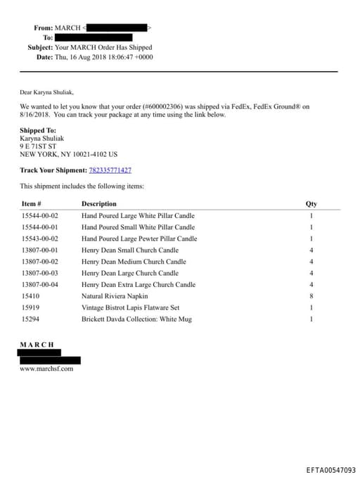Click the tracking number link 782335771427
tap(110, 170)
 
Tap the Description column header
tap(99, 204)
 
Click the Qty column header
tap(311, 204)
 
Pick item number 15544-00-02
tap(39, 216)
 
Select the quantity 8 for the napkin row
tap(311, 296)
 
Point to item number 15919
tap(30, 308)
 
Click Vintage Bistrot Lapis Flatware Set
tap(130, 308)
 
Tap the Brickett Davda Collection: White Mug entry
tap(136, 319)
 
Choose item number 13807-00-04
tap(39, 285)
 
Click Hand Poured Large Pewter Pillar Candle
tap(139, 239)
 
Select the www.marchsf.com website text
tap(46, 368)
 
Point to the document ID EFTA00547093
tap(330, 469)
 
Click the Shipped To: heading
tap(38, 131)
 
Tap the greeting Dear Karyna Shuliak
tap(46, 91)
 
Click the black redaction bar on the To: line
tap(94, 37)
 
